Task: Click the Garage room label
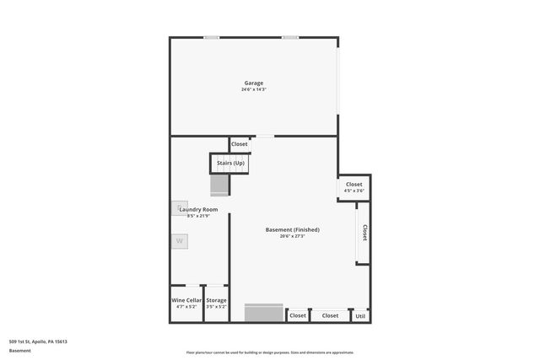coord(254,83)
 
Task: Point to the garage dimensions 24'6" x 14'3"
coord(254,89)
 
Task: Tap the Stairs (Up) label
coord(230,163)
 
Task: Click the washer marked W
coord(179,241)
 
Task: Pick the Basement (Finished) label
coord(293,229)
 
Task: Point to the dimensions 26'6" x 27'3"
coord(293,236)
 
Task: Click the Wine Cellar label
coord(186,300)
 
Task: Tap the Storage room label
coord(217,300)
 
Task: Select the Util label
coord(360,315)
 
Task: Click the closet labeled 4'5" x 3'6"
coord(354,187)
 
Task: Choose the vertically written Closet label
coord(364,233)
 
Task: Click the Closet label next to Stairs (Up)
coord(240,144)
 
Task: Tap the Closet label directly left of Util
coord(330,315)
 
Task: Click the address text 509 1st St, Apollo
coord(38,341)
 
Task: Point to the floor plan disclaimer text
coord(271,352)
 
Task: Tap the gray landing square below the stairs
coord(219,185)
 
